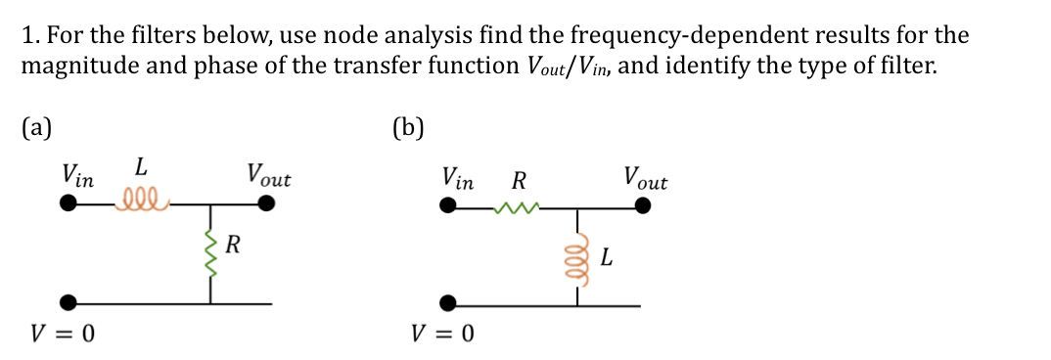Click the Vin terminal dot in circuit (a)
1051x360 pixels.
[x=68, y=204]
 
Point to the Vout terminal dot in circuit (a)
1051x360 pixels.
[x=266, y=204]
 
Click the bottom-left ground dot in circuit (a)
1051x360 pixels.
[x=68, y=302]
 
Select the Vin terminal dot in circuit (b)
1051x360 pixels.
[x=447, y=206]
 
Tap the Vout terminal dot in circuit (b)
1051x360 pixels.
[x=643, y=206]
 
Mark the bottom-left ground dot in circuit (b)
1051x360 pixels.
[x=447, y=302]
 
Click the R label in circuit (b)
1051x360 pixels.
[x=519, y=180]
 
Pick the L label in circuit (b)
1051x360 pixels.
[x=607, y=259]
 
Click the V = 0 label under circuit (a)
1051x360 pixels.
[x=64, y=334]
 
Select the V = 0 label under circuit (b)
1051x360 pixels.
[x=442, y=334]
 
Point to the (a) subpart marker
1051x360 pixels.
[x=37, y=127]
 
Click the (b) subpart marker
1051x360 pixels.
[x=407, y=128]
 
